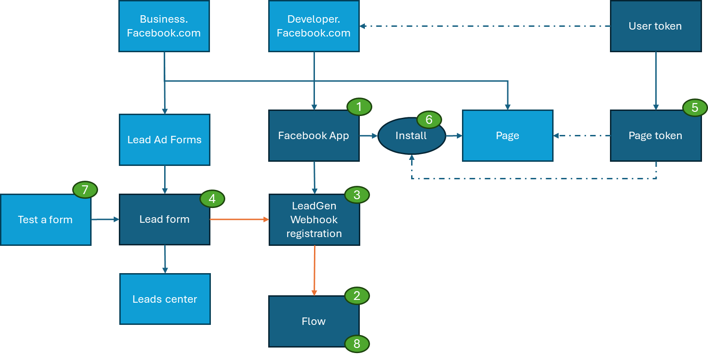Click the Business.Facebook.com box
164,26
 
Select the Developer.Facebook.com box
314,26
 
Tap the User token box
655,26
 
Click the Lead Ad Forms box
164,140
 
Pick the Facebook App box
314,136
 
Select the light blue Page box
507,136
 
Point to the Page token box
655,136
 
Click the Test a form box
45,220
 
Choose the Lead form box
164,220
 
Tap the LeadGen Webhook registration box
314,220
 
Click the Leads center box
165,299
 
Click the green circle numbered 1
359,107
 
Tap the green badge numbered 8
357,343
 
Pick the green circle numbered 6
429,120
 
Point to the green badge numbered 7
85,190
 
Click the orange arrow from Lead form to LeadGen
239,220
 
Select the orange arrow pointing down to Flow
314,270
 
